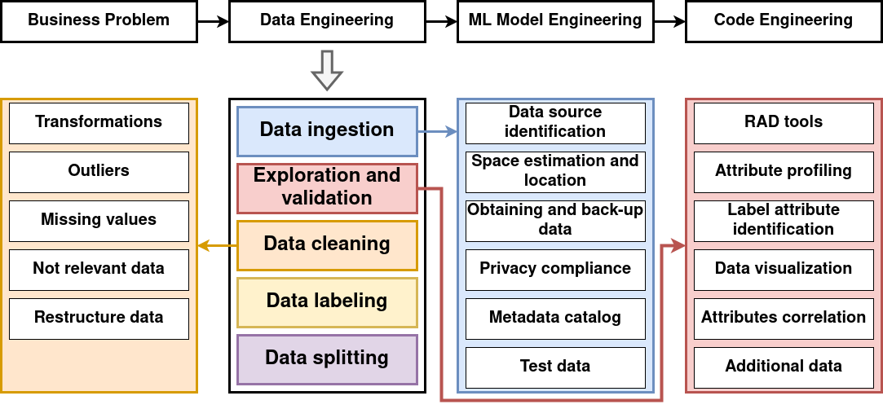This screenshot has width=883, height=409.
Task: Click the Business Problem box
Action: click(x=99, y=20)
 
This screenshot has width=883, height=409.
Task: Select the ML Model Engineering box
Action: click(x=555, y=20)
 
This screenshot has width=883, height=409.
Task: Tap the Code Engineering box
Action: click(x=784, y=20)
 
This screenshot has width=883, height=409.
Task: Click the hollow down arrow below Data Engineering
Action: click(x=327, y=70)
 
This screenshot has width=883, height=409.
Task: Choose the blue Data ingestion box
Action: click(x=327, y=130)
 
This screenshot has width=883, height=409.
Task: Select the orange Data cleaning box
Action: click(x=327, y=244)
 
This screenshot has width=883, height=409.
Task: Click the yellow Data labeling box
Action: click(x=327, y=301)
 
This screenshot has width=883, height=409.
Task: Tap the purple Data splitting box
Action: click(x=327, y=358)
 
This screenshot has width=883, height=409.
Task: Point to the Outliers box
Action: click(x=99, y=171)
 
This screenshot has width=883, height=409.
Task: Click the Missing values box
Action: click(x=99, y=220)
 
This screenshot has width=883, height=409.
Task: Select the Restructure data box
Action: click(x=99, y=318)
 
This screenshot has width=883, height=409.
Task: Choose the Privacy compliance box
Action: click(x=555, y=269)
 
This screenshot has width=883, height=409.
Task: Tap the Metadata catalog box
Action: click(x=555, y=318)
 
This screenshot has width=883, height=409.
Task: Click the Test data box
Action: click(x=555, y=367)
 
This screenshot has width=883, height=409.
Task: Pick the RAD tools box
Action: click(x=784, y=122)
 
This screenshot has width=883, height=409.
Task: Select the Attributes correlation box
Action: click(x=784, y=318)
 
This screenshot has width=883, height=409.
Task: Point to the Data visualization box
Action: click(x=784, y=269)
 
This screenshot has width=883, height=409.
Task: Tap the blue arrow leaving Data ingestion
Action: click(x=438, y=131)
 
